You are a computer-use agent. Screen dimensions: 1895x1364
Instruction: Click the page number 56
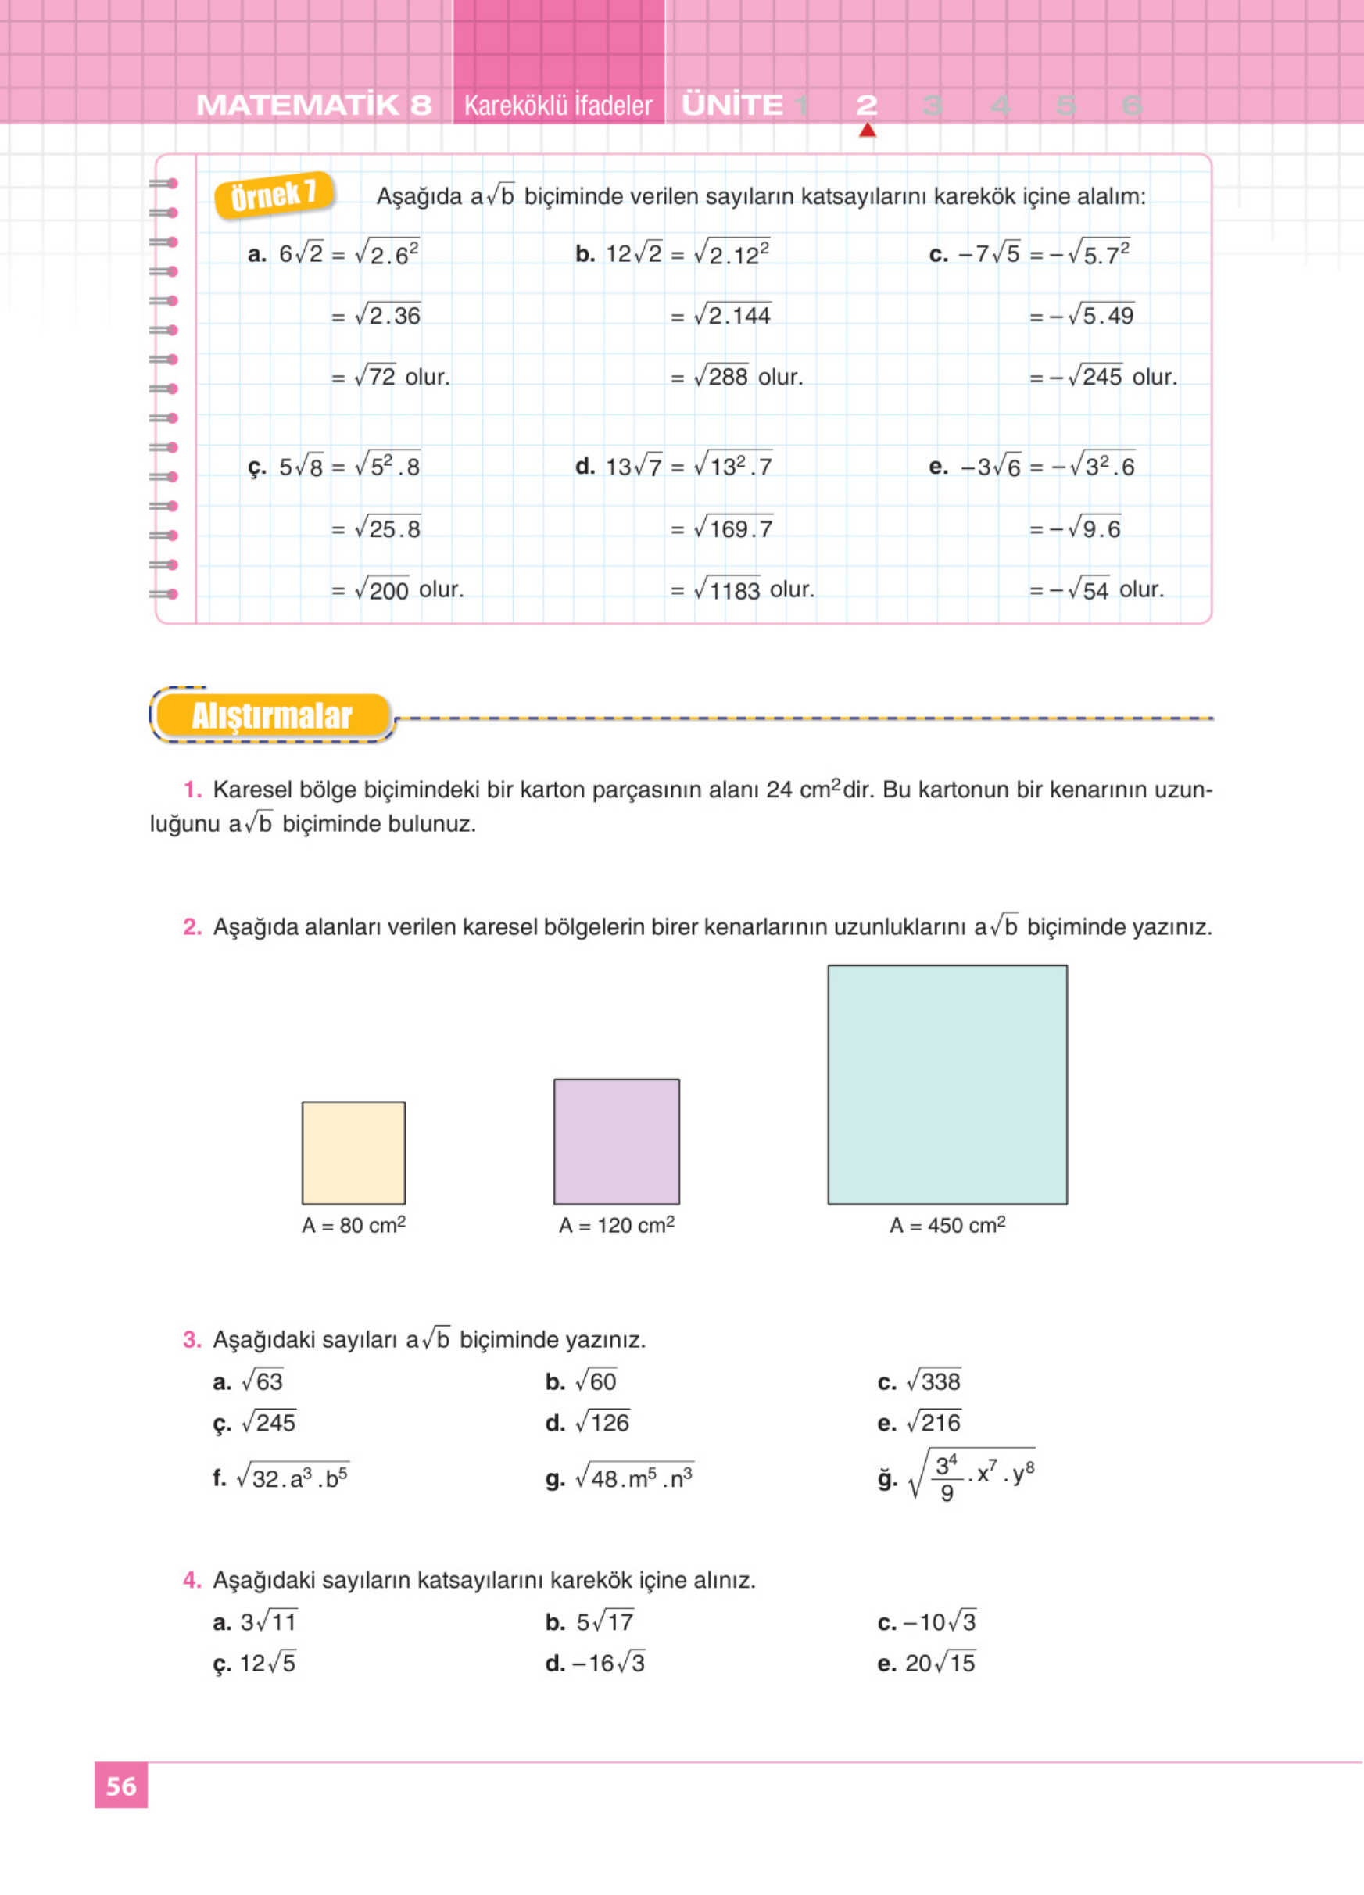(x=121, y=1786)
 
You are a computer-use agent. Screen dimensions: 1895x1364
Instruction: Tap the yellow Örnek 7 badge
(x=274, y=195)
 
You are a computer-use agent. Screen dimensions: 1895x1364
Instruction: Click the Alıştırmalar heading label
(x=271, y=716)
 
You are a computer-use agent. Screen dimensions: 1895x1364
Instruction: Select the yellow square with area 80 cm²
(x=353, y=1152)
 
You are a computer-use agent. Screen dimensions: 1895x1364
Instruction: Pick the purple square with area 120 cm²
(x=617, y=1141)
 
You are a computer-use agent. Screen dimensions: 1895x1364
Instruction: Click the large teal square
(x=947, y=1084)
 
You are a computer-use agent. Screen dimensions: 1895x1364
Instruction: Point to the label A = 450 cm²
(x=947, y=1225)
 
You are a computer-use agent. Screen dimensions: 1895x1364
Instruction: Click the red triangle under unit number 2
(x=867, y=131)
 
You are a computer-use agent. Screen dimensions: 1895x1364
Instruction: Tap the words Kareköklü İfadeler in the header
(x=558, y=106)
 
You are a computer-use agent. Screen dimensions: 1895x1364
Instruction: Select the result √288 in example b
(x=721, y=377)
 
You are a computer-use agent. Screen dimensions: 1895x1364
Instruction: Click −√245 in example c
(x=1086, y=377)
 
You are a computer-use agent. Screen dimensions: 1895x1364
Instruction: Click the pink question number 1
(x=192, y=790)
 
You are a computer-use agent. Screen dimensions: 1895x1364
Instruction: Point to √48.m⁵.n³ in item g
(x=634, y=1478)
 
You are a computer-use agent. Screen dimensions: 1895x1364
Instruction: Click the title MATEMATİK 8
(x=314, y=106)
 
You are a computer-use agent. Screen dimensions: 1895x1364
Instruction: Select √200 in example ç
(x=381, y=590)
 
